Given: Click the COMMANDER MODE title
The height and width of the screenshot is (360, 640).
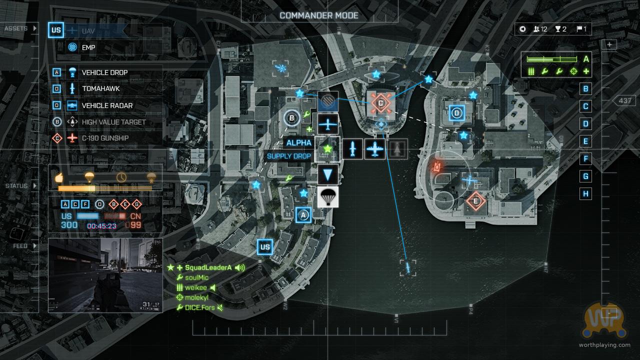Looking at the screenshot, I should click(319, 15).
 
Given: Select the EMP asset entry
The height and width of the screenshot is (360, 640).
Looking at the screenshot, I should click(88, 47).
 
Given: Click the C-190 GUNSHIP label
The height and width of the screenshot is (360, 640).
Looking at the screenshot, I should click(105, 138).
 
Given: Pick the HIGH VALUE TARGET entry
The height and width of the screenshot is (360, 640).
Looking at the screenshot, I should click(113, 122).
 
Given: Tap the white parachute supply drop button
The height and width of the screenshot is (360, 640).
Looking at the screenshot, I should click(328, 197).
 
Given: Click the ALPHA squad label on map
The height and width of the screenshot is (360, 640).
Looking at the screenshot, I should click(298, 143).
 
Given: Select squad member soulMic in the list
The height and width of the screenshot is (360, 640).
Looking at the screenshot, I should click(196, 277).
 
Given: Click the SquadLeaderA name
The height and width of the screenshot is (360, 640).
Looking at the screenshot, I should click(208, 267).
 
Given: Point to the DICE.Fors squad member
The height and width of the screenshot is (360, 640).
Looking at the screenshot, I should click(199, 307).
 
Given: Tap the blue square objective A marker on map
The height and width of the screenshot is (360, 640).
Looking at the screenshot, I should click(303, 215).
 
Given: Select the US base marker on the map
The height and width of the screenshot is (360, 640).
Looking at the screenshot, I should click(265, 246).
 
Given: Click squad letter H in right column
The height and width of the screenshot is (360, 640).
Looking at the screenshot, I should click(586, 193).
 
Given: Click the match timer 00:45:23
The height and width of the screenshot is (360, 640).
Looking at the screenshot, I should click(101, 226).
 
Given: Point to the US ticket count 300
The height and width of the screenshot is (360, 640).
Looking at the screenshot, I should click(69, 225).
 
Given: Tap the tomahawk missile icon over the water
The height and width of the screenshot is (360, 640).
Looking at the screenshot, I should click(408, 267).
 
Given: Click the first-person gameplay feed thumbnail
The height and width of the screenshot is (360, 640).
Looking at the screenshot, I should click(105, 275).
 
